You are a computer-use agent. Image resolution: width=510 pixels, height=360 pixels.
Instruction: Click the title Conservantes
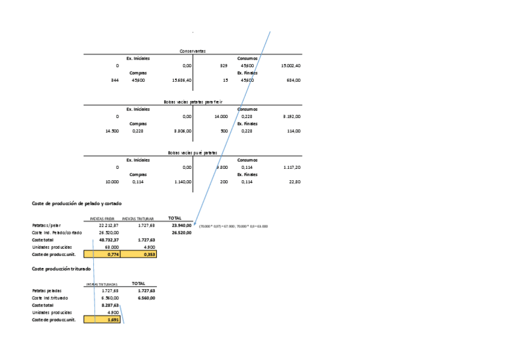coord(192,51)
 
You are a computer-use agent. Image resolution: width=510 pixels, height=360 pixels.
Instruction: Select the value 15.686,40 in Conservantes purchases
coord(182,80)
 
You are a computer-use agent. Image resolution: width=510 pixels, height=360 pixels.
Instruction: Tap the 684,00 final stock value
coord(293,80)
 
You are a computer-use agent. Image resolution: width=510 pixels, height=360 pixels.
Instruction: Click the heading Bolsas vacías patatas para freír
coord(192,102)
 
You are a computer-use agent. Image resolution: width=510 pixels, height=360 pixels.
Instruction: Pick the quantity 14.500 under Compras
coord(111,131)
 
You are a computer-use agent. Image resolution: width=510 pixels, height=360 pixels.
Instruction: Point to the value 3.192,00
coord(292,117)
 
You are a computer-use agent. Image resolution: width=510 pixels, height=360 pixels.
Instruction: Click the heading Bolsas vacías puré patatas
coord(192,153)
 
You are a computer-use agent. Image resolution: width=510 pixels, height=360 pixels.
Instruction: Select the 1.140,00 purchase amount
coord(182,182)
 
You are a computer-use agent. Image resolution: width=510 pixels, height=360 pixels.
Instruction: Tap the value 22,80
coord(295,182)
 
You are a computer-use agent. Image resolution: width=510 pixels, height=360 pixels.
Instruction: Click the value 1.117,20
coord(292,167)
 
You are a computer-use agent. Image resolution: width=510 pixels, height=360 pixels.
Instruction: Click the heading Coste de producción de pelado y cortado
coord(76,204)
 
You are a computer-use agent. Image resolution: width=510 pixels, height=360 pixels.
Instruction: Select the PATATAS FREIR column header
coord(102,219)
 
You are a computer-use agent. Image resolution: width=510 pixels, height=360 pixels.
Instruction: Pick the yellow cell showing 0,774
coord(106,254)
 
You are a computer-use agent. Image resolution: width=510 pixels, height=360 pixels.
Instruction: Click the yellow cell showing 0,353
coord(138,254)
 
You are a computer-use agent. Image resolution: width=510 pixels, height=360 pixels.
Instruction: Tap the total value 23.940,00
coord(181,225)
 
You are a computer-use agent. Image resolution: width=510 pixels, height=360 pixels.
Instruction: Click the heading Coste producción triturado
coord(61,269)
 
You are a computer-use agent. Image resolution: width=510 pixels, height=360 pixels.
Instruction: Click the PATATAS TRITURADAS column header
coord(102,284)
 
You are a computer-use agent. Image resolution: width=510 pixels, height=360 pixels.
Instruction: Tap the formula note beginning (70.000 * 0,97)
coord(233,226)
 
